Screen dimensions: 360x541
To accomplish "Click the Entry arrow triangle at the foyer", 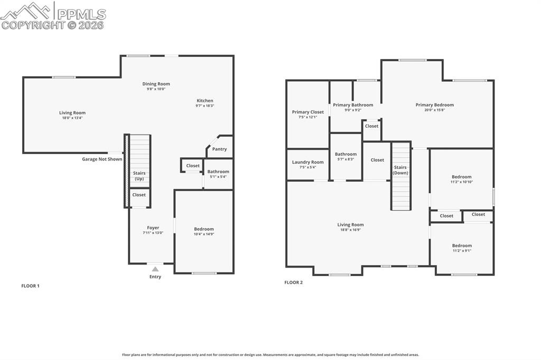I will coord(155,269).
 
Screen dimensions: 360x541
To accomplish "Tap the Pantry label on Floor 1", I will coord(219,149).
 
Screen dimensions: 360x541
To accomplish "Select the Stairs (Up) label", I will coord(139,176).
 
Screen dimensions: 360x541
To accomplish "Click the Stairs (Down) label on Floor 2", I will coord(400,170).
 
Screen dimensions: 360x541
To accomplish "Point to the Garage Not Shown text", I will coord(102,159).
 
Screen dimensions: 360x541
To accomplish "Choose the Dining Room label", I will coord(156,83).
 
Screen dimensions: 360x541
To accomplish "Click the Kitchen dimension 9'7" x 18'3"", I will coord(205,106).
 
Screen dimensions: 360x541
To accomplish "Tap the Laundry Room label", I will coord(307,162).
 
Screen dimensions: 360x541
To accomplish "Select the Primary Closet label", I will coord(307,112).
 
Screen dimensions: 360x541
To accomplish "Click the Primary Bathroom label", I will coord(353,105).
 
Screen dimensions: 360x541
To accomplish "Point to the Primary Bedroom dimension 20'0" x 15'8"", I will coord(434,110).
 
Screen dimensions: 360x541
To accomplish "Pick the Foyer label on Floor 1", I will coord(153,228).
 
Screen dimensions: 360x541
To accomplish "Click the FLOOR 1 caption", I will coord(30,286).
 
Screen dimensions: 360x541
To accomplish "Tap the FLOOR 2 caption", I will coord(293,282).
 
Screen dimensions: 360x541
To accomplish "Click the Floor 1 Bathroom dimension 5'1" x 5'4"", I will coord(218,176).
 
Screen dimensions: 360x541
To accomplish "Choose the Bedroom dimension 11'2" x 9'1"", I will coord(462,251).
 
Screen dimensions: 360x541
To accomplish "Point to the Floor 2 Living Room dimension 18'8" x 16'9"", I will coord(350,230).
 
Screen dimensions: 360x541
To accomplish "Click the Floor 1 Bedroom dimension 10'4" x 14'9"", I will coord(204,234).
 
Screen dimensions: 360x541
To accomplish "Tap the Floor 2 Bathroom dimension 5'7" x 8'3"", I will coord(346,159).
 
